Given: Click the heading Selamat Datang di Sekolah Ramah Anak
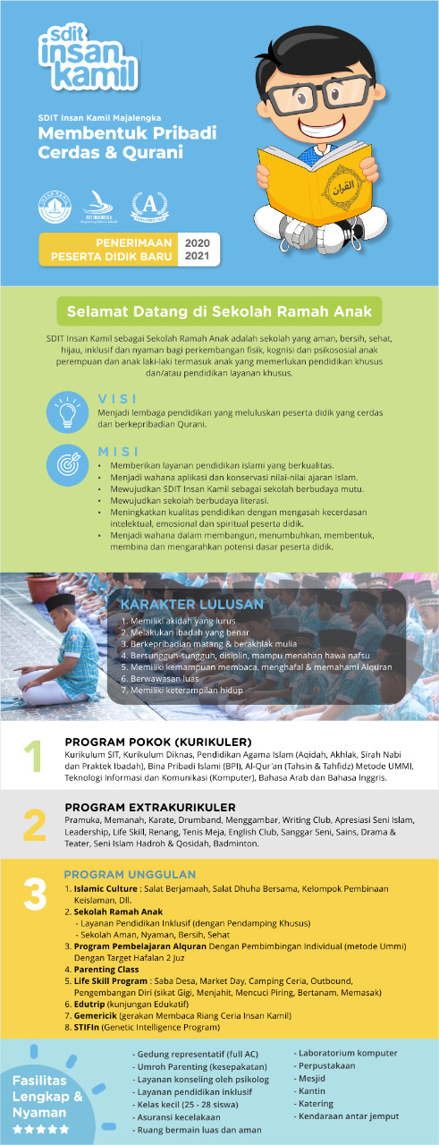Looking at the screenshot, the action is click(x=219, y=312).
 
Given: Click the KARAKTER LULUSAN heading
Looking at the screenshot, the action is click(x=192, y=604).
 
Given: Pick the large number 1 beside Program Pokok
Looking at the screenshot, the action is click(x=33, y=757).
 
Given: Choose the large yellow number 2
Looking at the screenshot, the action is click(x=34, y=826).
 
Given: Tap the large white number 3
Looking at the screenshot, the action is click(x=34, y=894).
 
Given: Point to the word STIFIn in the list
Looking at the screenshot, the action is click(x=90, y=1028).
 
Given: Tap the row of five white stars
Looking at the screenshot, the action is click(x=39, y=1130).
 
